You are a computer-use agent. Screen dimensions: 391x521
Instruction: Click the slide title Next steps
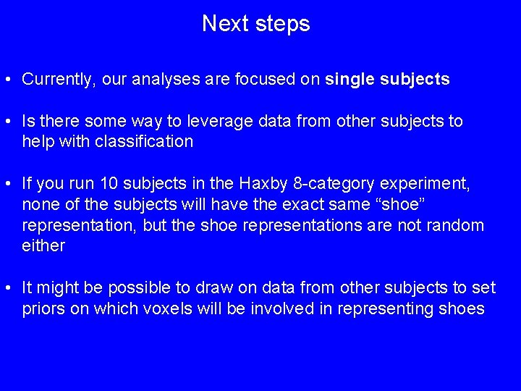[x=255, y=24]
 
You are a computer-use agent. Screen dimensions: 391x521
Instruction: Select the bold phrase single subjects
[x=388, y=80]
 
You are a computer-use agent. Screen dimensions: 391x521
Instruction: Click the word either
[x=43, y=246]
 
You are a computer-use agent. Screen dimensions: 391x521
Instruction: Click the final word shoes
[x=460, y=309]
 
